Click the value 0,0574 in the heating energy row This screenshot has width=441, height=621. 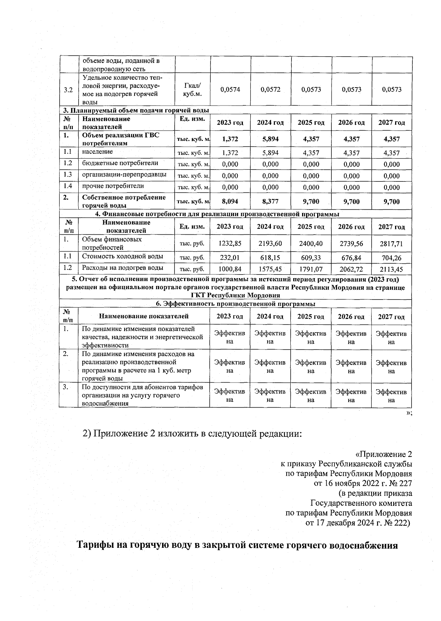point(230,89)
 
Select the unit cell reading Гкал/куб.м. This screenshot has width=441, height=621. point(192,89)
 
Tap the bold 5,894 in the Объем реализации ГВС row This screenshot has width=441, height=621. point(270,139)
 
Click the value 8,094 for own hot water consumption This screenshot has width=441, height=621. point(230,202)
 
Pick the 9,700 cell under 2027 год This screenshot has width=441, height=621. point(392,202)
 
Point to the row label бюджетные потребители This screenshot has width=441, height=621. point(120,163)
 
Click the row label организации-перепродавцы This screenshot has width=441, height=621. point(124,174)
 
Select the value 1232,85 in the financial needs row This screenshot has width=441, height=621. point(230,243)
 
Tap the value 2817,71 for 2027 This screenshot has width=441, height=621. point(392,243)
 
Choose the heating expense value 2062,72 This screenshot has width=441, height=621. point(351,269)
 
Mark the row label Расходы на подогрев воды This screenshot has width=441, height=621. point(123,268)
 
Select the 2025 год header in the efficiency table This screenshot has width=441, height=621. point(311,317)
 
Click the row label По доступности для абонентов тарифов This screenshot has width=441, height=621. point(143,387)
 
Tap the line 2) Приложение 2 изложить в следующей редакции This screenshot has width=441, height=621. point(193,434)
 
